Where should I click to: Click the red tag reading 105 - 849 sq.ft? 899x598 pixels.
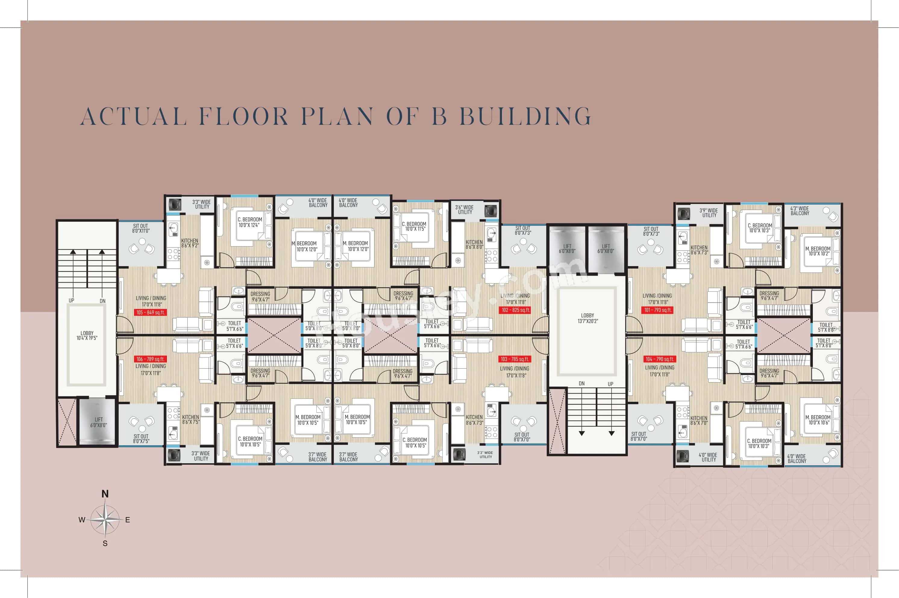[x=151, y=312]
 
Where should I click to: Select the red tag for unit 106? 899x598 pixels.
[x=151, y=359]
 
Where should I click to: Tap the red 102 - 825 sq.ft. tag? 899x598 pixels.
[x=515, y=310]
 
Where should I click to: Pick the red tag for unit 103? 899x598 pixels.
[x=515, y=359]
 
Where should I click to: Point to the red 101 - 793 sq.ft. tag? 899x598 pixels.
[x=657, y=310]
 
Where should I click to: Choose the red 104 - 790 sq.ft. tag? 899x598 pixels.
[x=659, y=359]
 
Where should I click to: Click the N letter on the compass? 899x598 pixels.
[x=105, y=494]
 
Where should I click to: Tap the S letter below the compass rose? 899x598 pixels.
[x=105, y=543]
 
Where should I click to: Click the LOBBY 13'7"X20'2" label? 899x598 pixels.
[x=587, y=318]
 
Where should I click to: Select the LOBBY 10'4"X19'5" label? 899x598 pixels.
[x=87, y=335]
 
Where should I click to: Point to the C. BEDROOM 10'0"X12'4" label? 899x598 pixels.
[x=250, y=222]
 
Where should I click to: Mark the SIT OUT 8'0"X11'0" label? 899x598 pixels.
[x=141, y=228]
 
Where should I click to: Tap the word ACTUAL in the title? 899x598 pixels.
[x=134, y=116]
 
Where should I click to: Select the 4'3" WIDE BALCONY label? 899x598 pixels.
[x=799, y=211]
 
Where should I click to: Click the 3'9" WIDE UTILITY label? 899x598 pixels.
[x=709, y=213]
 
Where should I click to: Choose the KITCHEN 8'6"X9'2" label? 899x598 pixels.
[x=190, y=243]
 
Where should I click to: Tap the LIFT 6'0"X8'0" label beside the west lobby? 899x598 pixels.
[x=98, y=422]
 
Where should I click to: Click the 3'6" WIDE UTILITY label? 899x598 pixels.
[x=464, y=210]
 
